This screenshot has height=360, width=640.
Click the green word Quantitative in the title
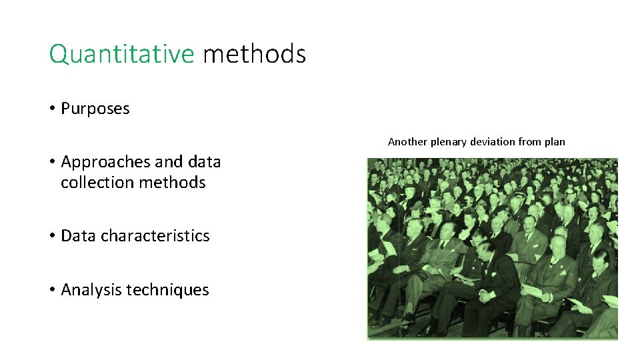click(121, 54)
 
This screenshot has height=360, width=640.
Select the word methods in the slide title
click(254, 54)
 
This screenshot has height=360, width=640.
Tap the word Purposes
click(95, 109)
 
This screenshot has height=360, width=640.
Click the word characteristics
click(155, 236)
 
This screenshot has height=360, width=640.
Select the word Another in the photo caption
click(408, 141)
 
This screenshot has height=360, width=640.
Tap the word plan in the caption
click(555, 141)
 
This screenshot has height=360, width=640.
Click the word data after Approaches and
click(205, 162)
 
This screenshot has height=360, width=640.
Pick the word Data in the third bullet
click(79, 236)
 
